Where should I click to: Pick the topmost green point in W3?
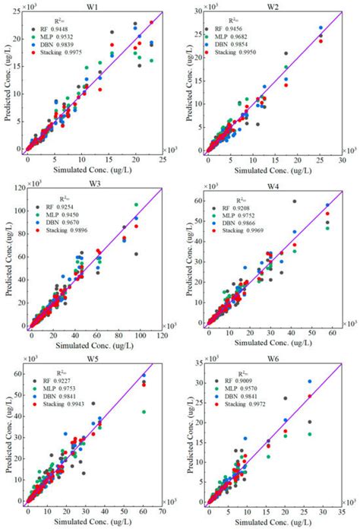tap(136, 204)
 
